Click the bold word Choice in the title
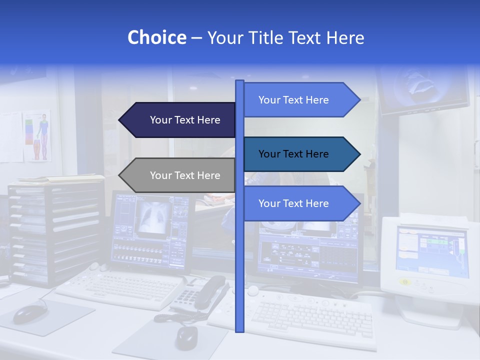(156, 37)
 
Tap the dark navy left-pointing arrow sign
(180, 120)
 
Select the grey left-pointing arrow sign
(180, 175)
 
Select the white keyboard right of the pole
(310, 317)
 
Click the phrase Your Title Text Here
(285, 37)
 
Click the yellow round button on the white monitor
(405, 282)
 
